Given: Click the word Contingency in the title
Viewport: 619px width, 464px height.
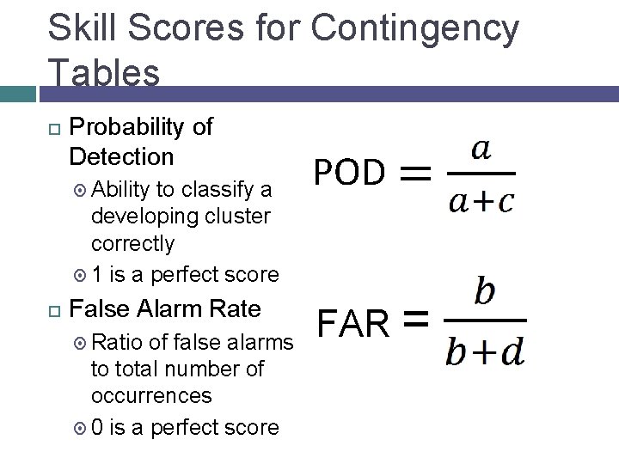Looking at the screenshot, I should coord(415,29).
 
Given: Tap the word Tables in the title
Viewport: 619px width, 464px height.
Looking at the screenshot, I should coord(104,72).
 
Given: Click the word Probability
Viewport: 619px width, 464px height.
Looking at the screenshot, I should coord(129,127).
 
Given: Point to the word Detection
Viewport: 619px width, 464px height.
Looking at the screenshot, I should coord(121,157).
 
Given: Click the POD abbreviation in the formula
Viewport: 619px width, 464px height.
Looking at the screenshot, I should coord(348,173).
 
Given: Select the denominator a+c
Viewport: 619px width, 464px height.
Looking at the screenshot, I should coord(481,200).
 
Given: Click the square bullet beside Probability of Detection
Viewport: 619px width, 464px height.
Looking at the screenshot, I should coord(53,128).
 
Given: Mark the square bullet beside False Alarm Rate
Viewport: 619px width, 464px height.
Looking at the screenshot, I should coord(53,308).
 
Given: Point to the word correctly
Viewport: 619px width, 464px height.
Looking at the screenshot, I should coord(132,243).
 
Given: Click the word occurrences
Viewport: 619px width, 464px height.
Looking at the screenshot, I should coord(150,396).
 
